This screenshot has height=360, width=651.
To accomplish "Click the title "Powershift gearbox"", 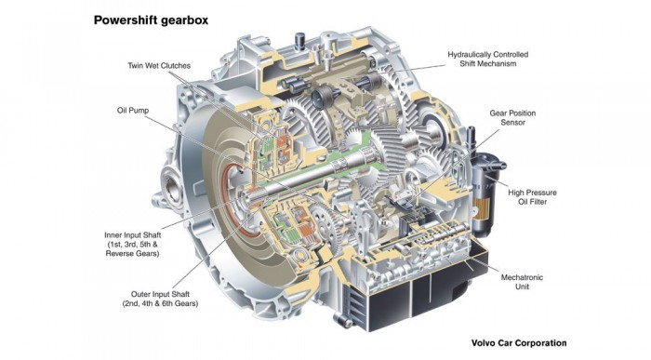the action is [x=151, y=20].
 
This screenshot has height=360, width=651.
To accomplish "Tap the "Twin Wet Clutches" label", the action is [x=159, y=66].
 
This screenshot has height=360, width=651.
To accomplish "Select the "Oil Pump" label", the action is [x=133, y=111].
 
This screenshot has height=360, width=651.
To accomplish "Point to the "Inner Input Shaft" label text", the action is [x=132, y=235].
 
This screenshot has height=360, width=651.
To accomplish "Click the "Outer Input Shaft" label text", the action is [x=160, y=294].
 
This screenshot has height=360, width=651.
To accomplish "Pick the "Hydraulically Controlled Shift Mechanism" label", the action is [x=488, y=59].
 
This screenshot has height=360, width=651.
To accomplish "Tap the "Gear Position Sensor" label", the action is [x=512, y=117].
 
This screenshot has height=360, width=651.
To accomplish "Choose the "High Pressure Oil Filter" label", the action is [x=532, y=197].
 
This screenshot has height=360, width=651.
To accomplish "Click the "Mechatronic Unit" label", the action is [x=522, y=282].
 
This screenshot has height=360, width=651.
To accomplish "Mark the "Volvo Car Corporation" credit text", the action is [x=519, y=343].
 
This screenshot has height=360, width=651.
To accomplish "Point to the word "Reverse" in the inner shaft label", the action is [x=119, y=253].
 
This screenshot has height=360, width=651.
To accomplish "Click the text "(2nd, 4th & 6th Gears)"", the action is [x=160, y=303].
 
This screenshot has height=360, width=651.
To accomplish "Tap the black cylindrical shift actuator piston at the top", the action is [x=320, y=97].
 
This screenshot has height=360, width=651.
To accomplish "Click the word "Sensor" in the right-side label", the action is [x=512, y=123].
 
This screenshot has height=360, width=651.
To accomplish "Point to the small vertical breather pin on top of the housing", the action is [x=299, y=42].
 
